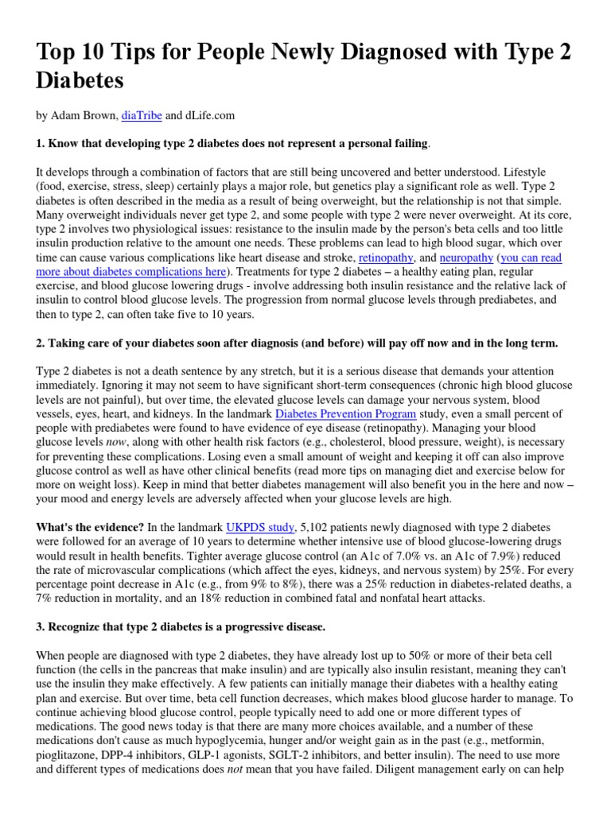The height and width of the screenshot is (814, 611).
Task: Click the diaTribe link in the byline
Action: [141, 115]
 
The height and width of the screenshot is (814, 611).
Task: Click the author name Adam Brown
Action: [82, 115]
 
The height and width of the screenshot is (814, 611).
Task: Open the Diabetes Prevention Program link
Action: [345, 414]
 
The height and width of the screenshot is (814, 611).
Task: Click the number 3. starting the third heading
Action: [41, 627]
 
